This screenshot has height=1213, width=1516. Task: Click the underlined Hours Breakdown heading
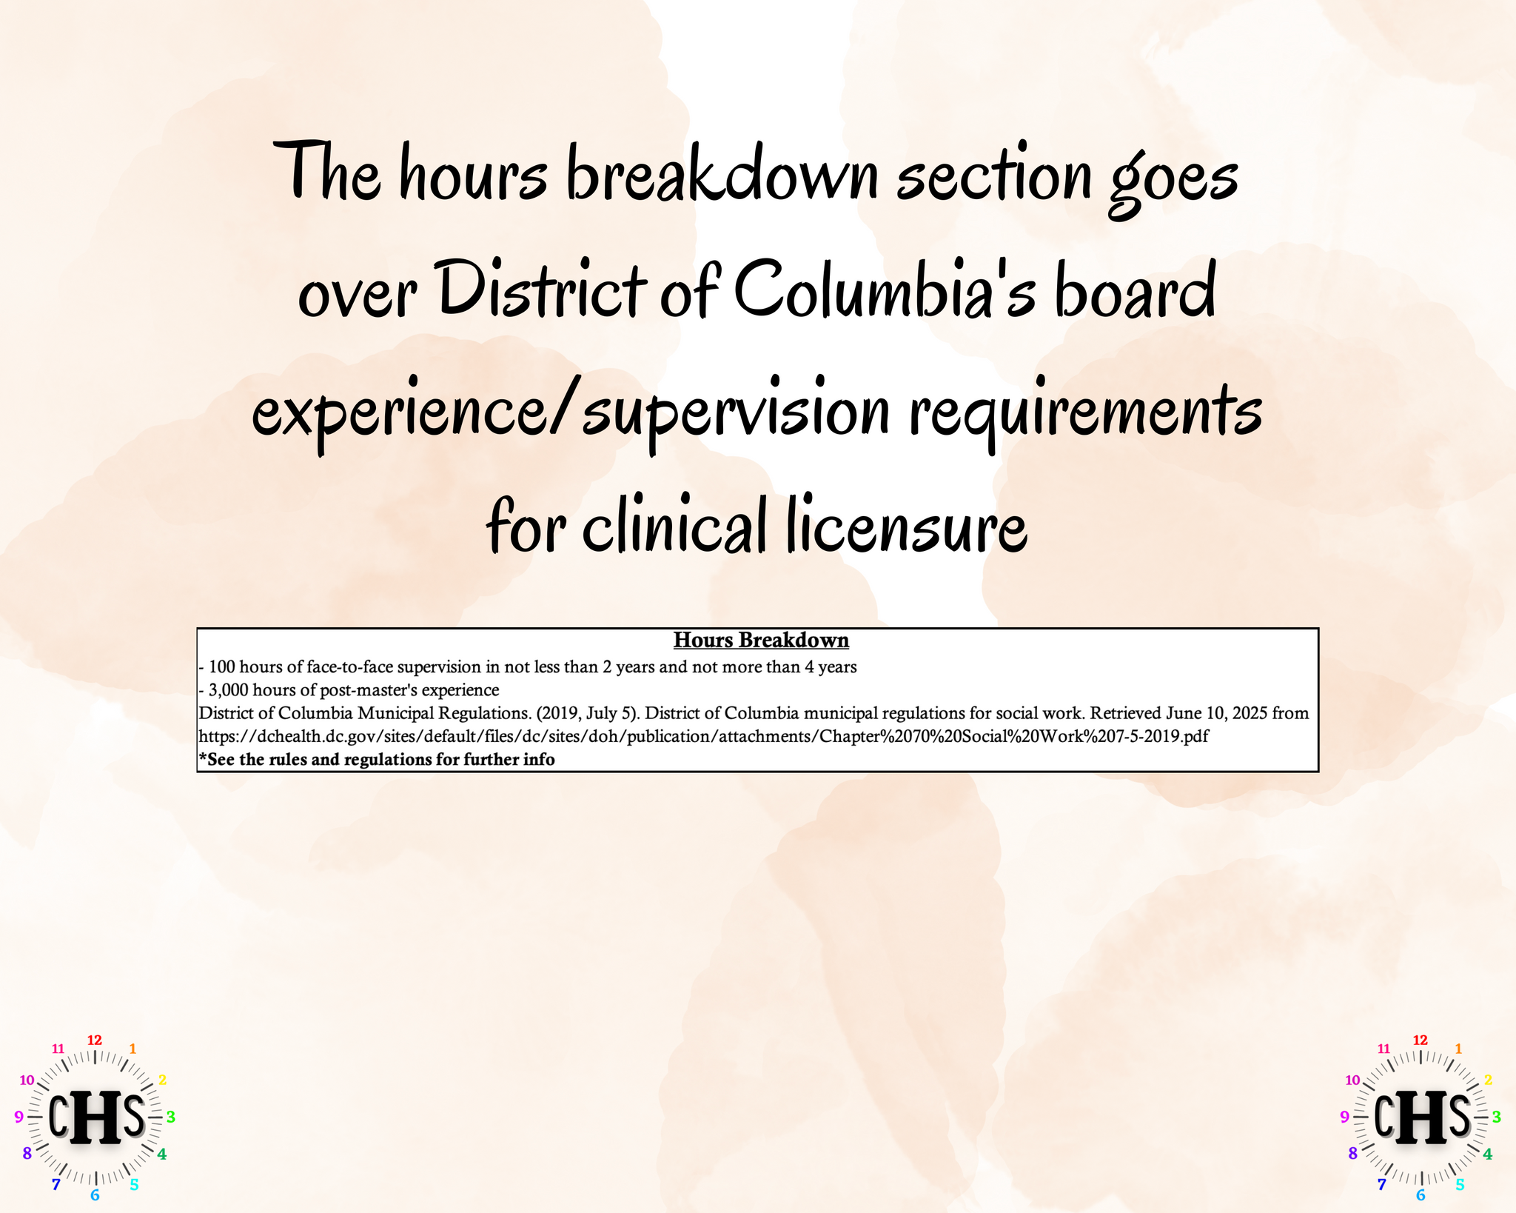(x=761, y=640)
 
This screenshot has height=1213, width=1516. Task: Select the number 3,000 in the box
(x=229, y=690)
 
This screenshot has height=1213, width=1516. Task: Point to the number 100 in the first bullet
(x=222, y=666)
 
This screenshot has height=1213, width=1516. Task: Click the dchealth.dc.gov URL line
(x=703, y=737)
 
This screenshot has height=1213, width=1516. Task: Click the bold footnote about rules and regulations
(x=377, y=760)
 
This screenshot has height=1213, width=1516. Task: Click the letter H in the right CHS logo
(x=1421, y=1116)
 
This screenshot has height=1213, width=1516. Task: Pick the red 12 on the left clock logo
(x=95, y=1040)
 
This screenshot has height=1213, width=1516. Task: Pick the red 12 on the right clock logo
(x=1420, y=1040)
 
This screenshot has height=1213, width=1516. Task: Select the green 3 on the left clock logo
(x=170, y=1116)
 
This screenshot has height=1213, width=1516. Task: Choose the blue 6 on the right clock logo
(x=1420, y=1194)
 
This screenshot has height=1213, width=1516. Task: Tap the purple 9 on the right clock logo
(x=1344, y=1117)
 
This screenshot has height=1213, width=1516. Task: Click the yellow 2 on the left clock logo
(x=162, y=1080)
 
